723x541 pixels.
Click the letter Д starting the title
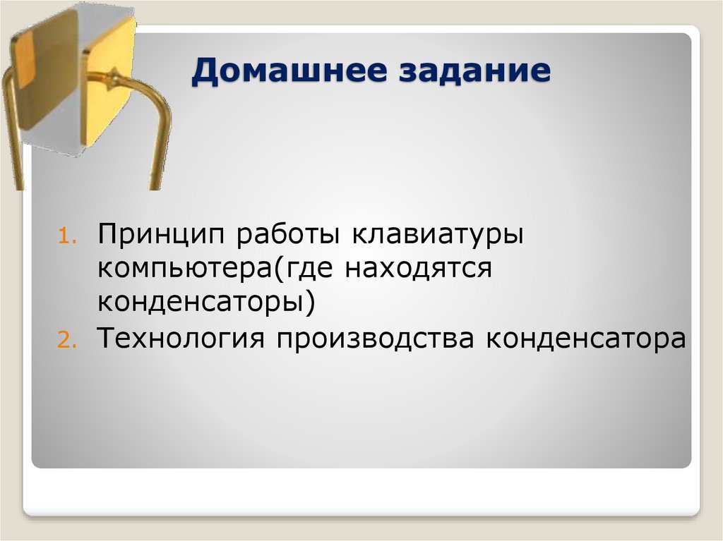tap(204, 73)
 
